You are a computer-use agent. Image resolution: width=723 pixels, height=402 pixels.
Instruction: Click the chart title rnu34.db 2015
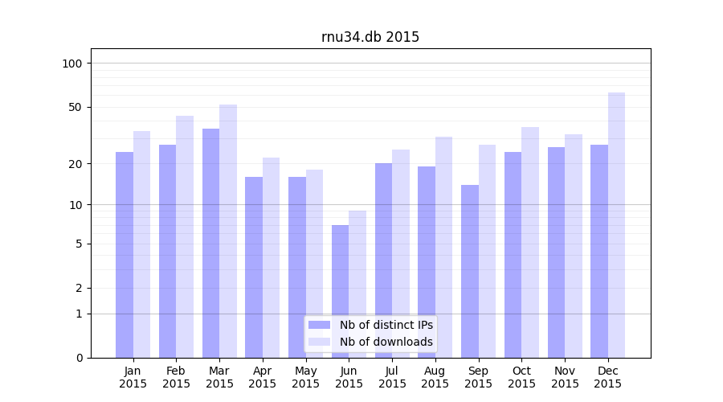(x=370, y=37)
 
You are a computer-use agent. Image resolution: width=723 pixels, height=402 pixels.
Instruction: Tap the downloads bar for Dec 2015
(x=616, y=225)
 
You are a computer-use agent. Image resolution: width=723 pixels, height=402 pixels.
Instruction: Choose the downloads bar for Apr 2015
(x=272, y=257)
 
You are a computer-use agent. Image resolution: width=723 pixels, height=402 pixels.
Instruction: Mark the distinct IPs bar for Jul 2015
(x=383, y=260)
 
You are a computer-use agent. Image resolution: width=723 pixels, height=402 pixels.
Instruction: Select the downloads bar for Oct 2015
(x=530, y=242)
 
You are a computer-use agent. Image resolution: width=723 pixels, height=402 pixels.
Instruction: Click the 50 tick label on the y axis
(x=75, y=107)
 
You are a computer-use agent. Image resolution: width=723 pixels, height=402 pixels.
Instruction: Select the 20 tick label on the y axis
(x=75, y=164)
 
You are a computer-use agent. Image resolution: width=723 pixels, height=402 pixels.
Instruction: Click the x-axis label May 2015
(x=306, y=377)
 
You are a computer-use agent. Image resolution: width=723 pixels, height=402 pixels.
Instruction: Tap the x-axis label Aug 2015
(x=435, y=377)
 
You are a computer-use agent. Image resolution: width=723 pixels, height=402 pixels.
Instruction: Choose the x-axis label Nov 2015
(x=565, y=377)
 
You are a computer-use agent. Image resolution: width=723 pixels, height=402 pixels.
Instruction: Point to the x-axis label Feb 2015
(x=177, y=377)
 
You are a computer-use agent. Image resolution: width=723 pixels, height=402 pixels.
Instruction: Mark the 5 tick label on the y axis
(x=78, y=244)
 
